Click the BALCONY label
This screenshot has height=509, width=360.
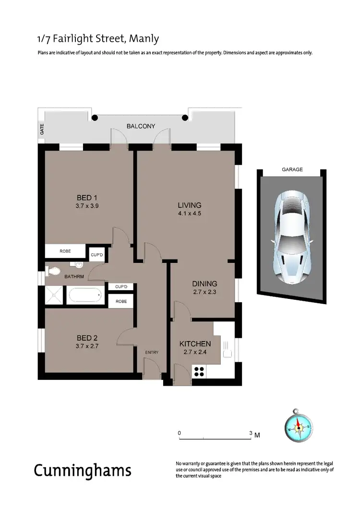pos(141,126)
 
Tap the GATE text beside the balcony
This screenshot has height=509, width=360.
pos(42,129)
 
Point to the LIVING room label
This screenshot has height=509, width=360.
pos(189,205)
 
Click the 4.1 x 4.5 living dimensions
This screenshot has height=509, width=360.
pos(189,214)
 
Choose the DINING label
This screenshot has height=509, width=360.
pos(204,284)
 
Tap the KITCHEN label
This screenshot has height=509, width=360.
pos(195,343)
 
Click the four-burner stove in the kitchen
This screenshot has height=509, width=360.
pos(199,371)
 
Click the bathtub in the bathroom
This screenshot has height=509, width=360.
pos(84,295)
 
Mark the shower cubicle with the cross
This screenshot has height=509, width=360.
pos(54,295)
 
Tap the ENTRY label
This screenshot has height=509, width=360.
pos(152,353)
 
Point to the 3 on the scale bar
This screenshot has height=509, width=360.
pos(251,433)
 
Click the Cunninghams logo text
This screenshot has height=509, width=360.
pos(82,471)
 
